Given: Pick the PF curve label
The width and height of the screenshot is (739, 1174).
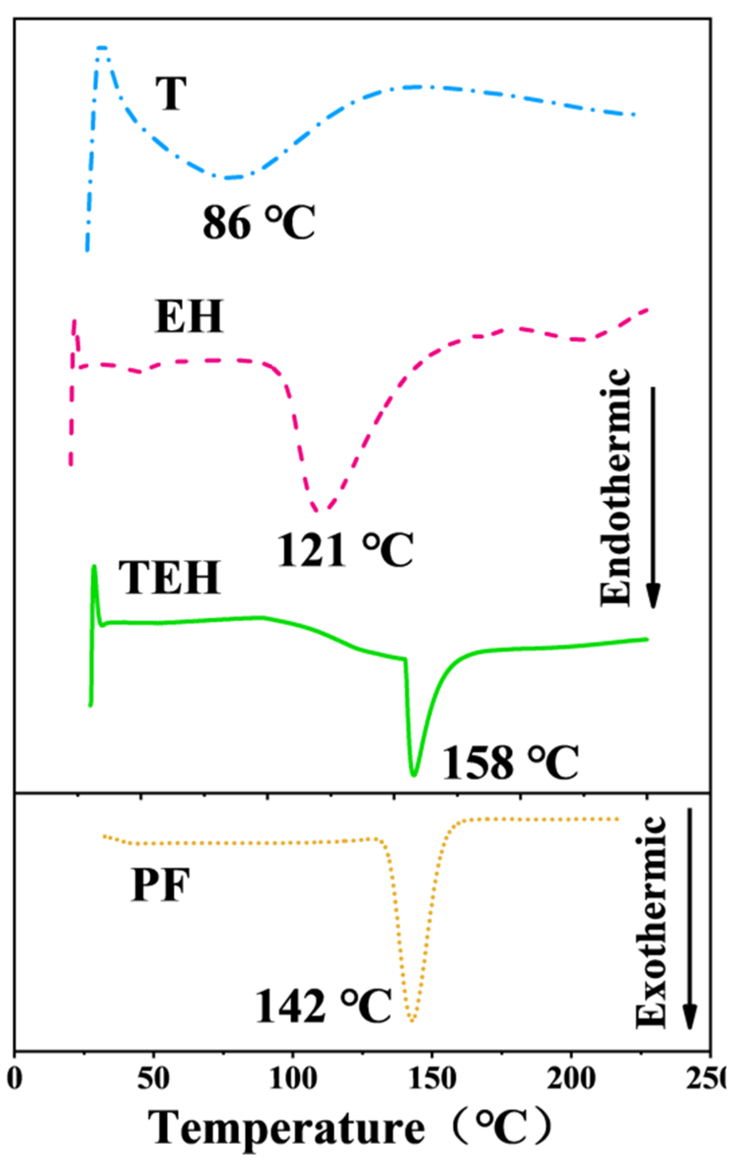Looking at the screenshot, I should tap(160, 885).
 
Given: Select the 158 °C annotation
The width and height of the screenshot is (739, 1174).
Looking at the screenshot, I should tap(510, 763).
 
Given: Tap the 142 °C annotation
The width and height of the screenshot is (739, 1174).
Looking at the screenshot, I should tap(323, 1005).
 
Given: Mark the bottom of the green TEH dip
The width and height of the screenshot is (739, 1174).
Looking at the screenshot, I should tap(414, 774).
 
